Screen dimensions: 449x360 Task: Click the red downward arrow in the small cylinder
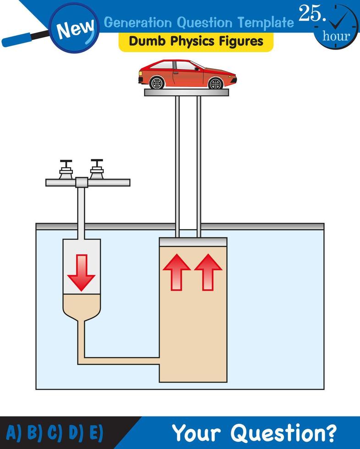coord(81,272)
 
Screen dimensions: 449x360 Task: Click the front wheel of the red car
coord(215,83)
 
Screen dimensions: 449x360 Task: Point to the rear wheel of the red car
coord(157,83)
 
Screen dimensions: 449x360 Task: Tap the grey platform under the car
coord(186,93)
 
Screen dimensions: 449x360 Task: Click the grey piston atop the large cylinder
coord(193,241)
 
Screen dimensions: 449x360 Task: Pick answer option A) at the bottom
coord(14,433)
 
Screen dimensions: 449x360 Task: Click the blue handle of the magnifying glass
coord(23,40)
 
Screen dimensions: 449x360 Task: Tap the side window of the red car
coord(185,66)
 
